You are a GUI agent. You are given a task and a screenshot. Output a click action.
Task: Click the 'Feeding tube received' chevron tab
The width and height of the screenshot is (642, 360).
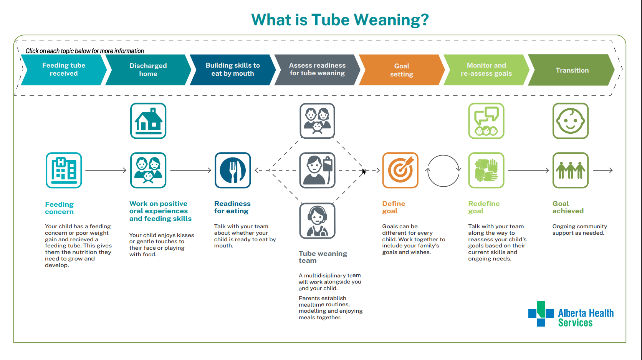point(64,70)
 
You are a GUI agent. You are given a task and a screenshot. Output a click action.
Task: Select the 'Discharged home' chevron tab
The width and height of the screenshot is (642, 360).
point(148,70)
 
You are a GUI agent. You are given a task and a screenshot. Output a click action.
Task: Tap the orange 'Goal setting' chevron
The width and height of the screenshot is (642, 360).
point(402,70)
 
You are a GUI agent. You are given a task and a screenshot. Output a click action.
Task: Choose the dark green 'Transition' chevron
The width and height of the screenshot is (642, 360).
point(571,70)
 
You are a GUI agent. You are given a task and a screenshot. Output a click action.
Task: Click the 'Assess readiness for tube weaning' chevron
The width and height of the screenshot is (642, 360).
point(317,70)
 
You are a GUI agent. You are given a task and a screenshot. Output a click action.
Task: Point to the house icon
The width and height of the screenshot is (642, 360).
point(148,121)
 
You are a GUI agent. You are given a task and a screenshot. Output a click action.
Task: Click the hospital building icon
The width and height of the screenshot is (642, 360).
point(64,170)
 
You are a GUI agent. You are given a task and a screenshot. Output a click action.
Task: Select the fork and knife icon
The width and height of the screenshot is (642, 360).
point(233,170)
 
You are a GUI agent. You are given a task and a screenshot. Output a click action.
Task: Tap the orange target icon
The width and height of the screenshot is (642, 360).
point(400,170)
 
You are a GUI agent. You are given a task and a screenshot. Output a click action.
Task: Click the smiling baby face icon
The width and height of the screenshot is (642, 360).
point(571,121)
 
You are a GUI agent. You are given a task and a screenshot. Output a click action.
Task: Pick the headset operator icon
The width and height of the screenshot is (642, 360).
point(317,221)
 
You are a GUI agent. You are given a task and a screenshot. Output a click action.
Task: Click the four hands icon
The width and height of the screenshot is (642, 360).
point(486,170)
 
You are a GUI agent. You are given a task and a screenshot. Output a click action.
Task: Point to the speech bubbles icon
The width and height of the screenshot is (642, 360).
point(486,121)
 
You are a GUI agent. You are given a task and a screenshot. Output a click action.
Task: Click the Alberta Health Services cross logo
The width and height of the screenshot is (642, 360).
point(541,314)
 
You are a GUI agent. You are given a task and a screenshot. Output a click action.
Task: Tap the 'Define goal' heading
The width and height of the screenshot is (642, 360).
point(394,207)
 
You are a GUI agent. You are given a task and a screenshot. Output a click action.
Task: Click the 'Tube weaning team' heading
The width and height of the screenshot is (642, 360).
point(323,257)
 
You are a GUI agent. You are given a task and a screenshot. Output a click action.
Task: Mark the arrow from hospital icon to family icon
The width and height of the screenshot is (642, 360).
point(106,170)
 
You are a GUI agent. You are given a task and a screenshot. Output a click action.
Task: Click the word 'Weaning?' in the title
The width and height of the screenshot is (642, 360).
point(391,20)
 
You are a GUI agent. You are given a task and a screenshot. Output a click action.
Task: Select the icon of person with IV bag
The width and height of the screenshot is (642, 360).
point(317,170)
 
